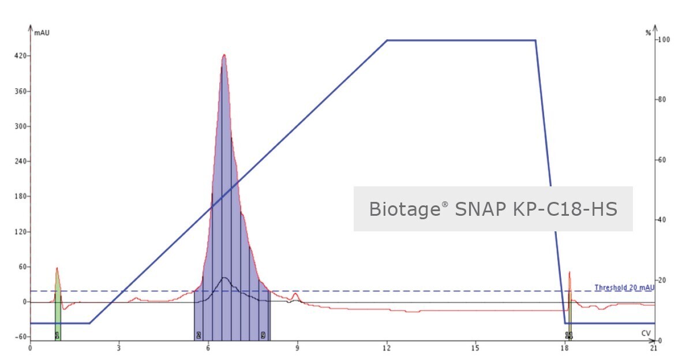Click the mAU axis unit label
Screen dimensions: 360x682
pyautogui.click(x=42, y=33)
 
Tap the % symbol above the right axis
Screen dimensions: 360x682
pyautogui.click(x=648, y=33)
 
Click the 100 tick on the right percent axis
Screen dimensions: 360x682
pyautogui.click(x=664, y=40)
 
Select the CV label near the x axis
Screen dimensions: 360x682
pyautogui.click(x=646, y=333)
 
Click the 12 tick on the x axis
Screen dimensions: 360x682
pyautogui.click(x=387, y=348)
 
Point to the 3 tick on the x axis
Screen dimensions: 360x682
pyautogui.click(x=119, y=348)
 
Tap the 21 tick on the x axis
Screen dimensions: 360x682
pyautogui.click(x=653, y=348)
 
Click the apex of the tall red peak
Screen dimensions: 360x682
pyautogui.click(x=224, y=55)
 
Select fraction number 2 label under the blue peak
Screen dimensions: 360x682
pyautogui.click(x=198, y=335)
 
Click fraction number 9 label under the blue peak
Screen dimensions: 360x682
pyautogui.click(x=263, y=335)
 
